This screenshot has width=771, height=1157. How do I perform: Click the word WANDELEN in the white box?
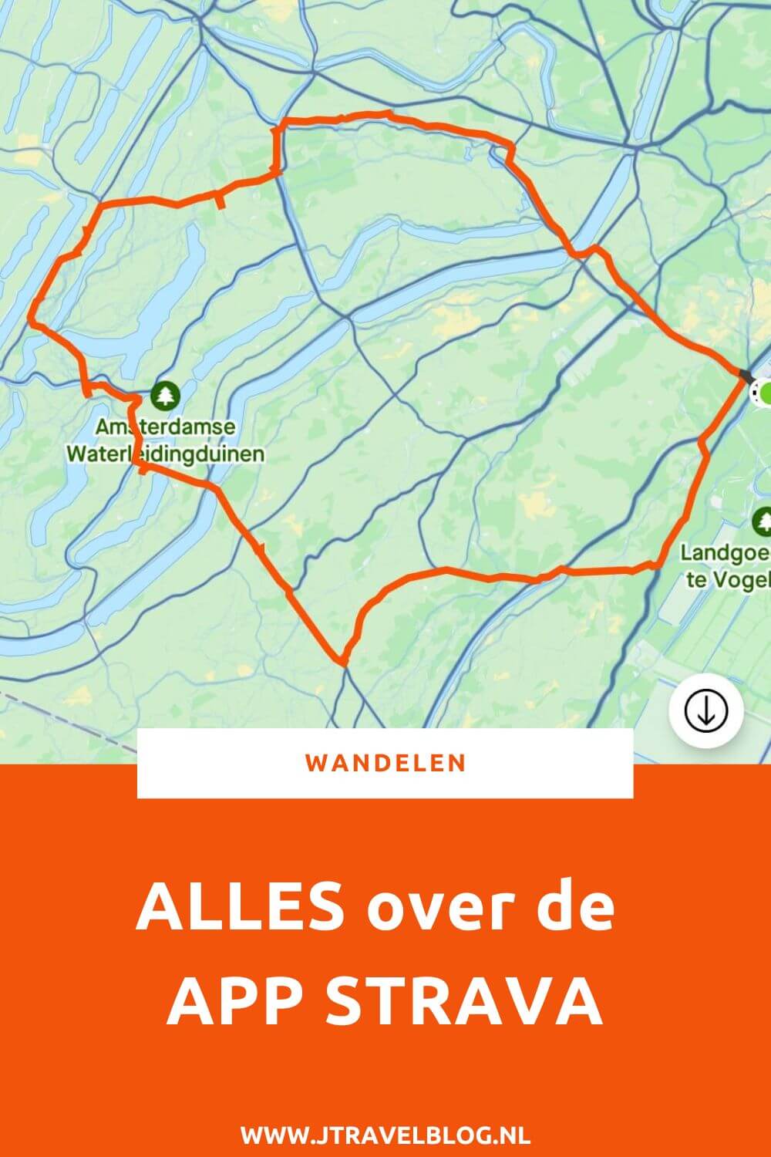385,763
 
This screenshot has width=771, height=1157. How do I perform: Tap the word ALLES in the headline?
240,908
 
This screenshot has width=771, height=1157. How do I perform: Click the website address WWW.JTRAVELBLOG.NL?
385,1135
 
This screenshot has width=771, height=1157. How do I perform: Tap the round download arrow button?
706,711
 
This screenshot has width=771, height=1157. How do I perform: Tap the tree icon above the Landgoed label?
763,521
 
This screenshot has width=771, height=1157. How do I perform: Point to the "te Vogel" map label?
729,579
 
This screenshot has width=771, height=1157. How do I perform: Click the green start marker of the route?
766,393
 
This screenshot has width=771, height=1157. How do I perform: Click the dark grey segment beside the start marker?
746,376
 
